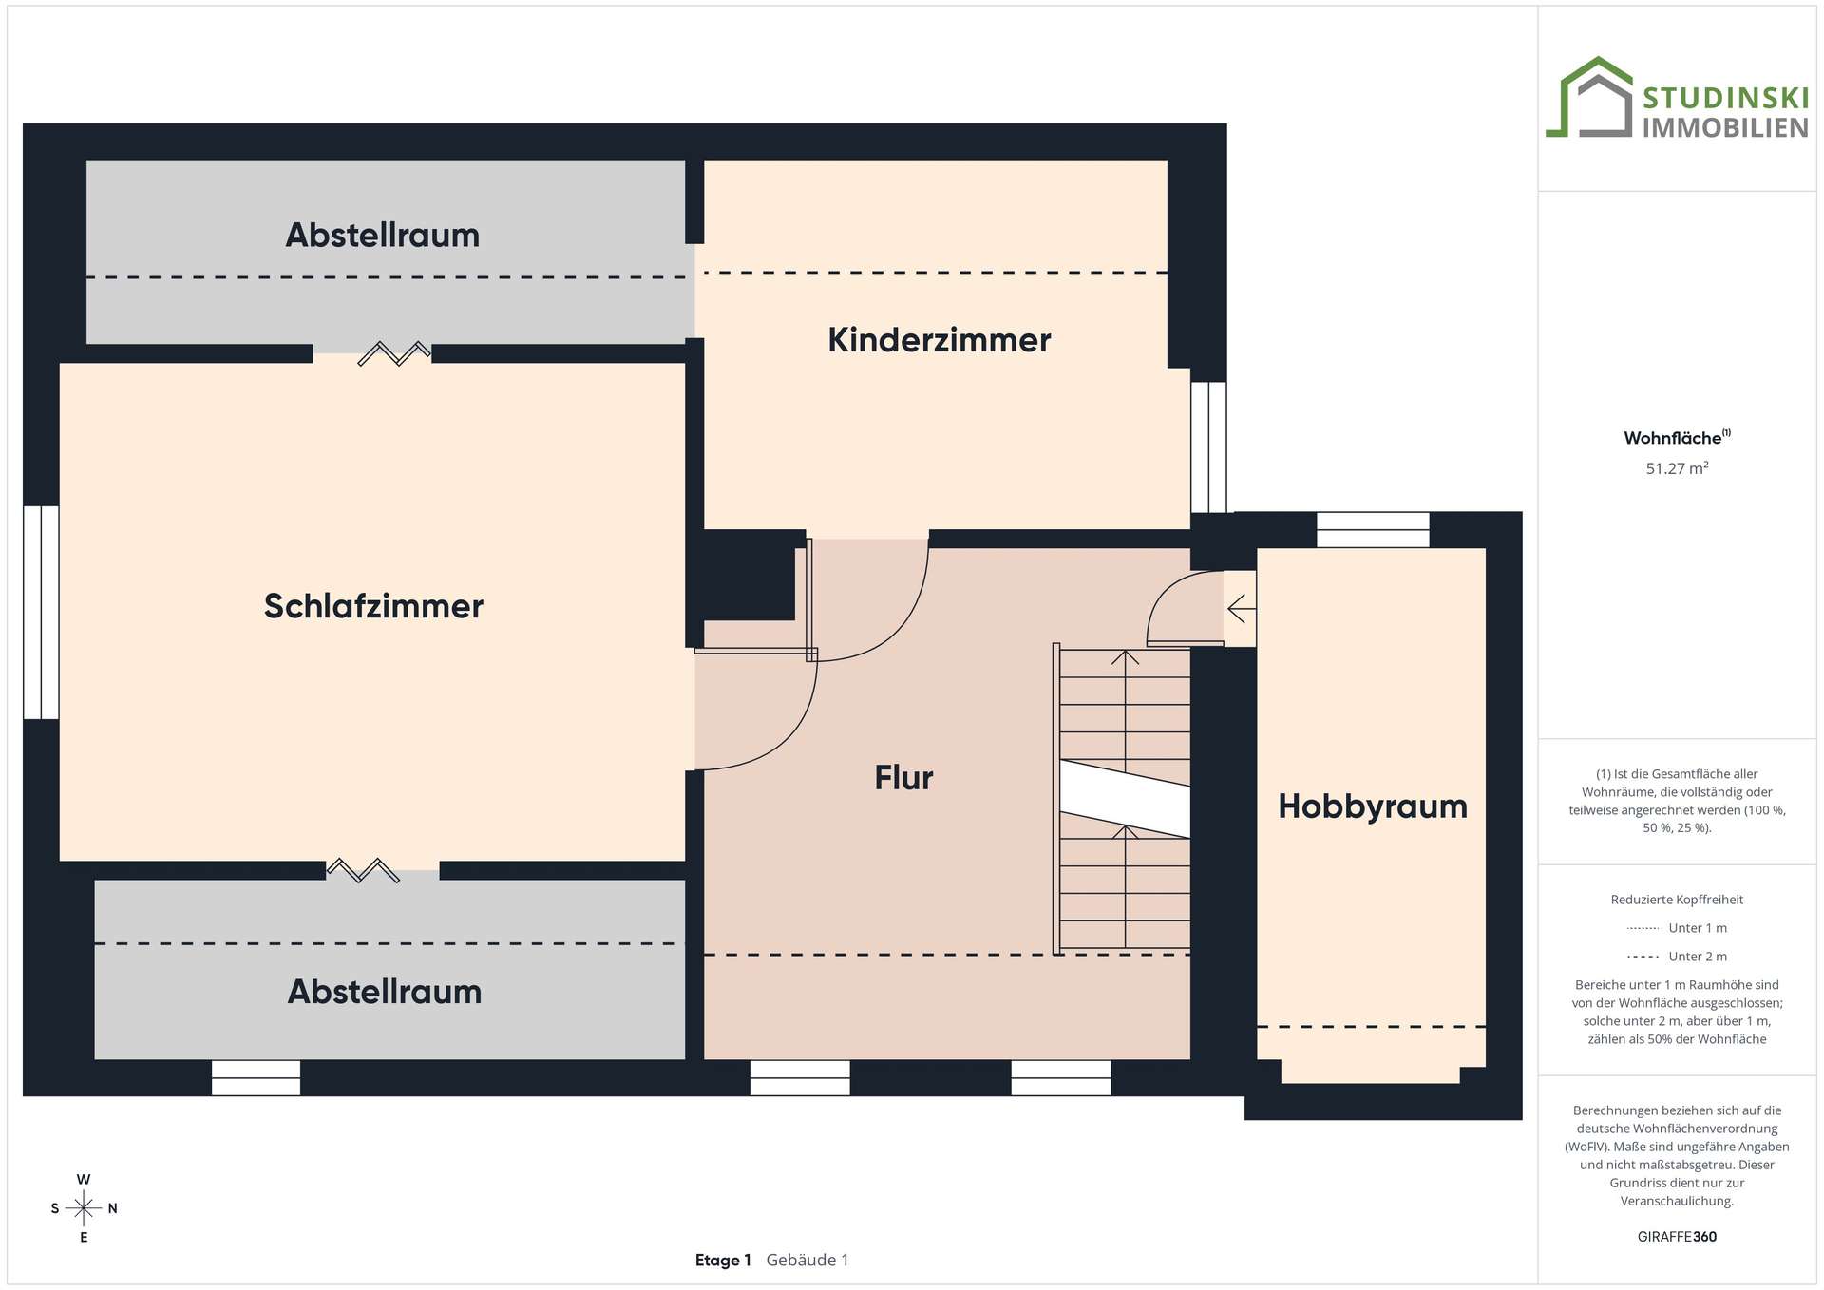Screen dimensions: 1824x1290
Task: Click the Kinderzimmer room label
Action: click(x=939, y=340)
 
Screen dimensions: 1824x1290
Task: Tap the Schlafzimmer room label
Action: click(x=373, y=606)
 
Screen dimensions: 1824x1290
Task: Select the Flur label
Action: click(x=903, y=778)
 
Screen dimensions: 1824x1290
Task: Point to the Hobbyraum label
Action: click(x=1373, y=806)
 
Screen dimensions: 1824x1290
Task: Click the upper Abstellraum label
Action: click(x=383, y=235)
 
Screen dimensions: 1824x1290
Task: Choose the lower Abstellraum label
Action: click(x=385, y=992)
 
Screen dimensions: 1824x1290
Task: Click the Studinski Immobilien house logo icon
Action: click(x=1589, y=97)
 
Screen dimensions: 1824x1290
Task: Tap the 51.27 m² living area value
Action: click(x=1677, y=467)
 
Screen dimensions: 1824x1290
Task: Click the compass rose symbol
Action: click(x=84, y=1208)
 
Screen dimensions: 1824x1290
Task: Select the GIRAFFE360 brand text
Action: click(x=1677, y=1236)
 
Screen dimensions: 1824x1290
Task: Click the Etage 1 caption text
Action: click(x=723, y=1261)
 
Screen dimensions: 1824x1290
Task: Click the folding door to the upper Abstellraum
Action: click(x=394, y=353)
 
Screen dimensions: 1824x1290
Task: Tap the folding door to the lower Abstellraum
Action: click(x=363, y=870)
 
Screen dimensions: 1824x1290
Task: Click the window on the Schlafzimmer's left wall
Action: click(x=41, y=613)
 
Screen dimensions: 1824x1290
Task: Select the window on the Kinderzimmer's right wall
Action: click(x=1208, y=447)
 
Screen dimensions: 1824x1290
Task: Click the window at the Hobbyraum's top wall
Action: click(x=1373, y=530)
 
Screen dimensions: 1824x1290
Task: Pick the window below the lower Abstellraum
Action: click(x=256, y=1078)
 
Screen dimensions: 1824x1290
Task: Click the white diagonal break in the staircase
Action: click(x=1125, y=799)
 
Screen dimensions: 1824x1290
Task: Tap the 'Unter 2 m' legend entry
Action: click(x=1677, y=957)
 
